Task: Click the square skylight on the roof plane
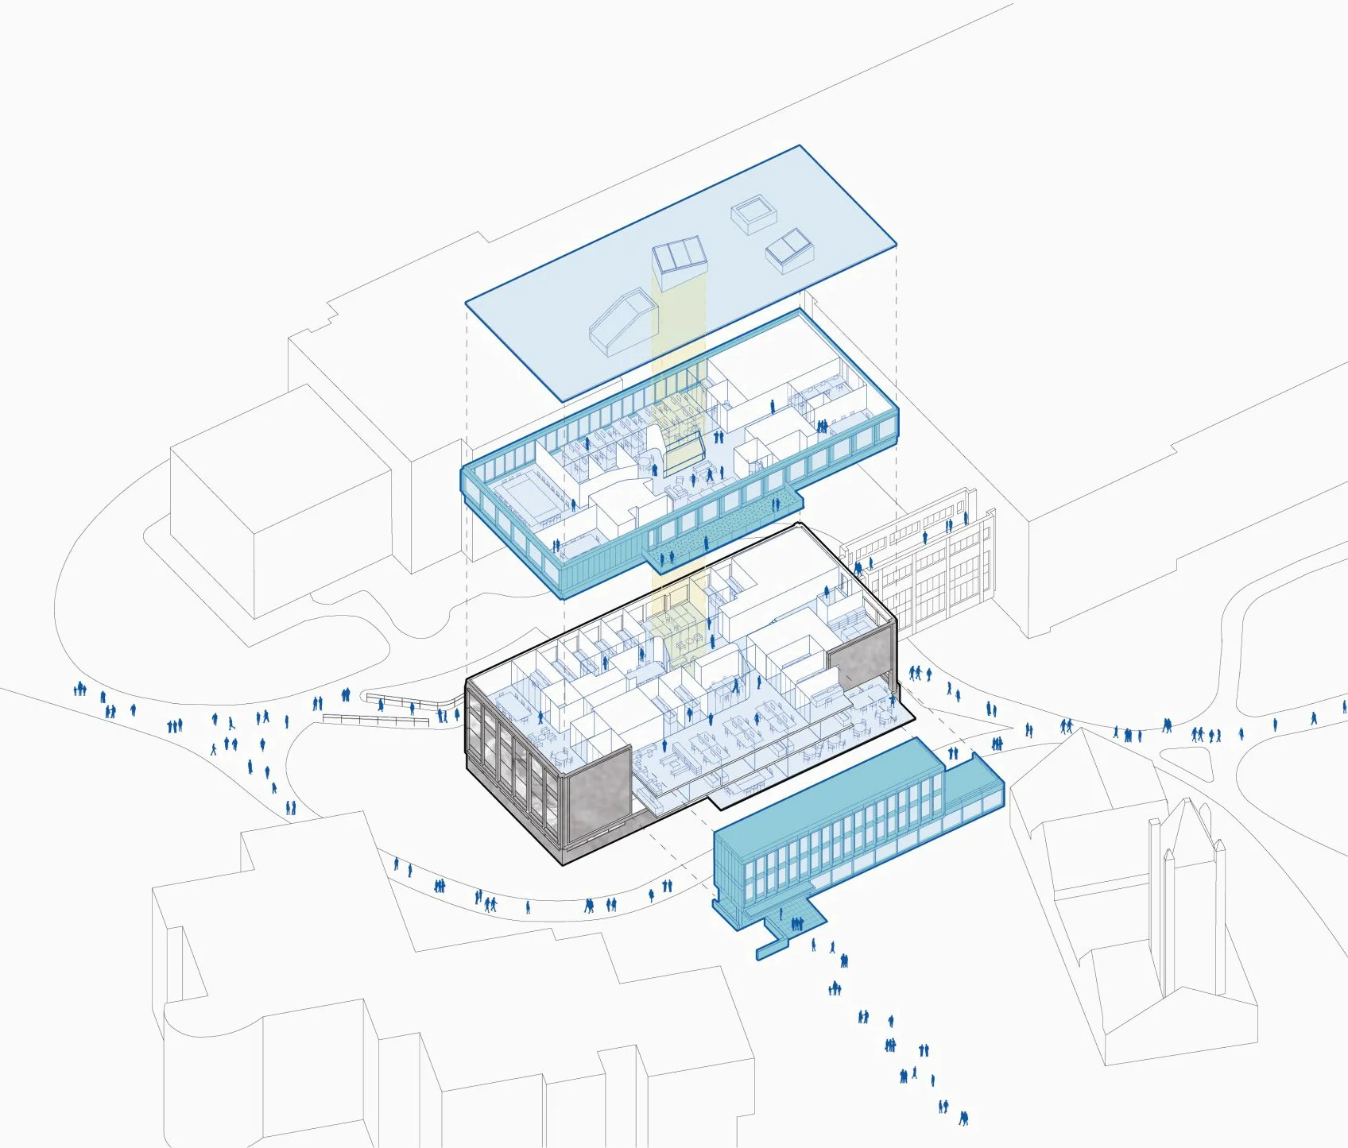click(x=753, y=215)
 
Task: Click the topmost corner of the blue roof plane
click(x=799, y=147)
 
